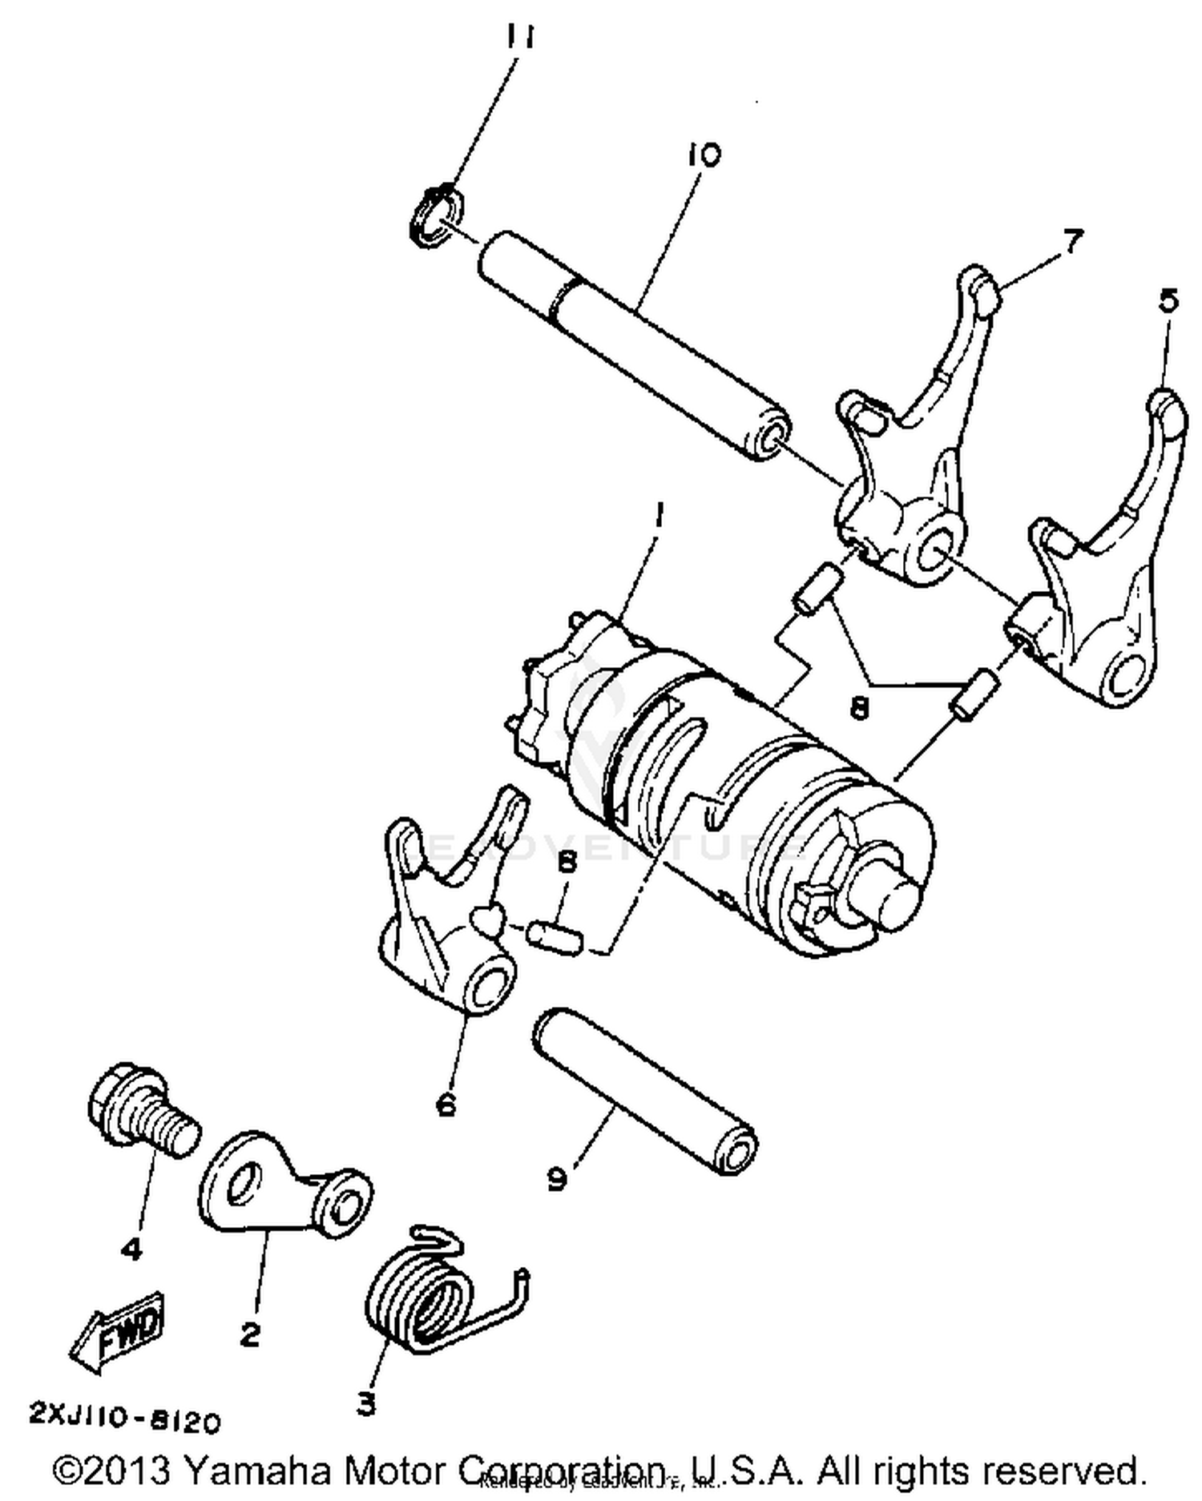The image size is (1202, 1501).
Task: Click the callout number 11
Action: click(x=521, y=37)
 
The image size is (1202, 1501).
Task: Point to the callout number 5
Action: click(x=1168, y=300)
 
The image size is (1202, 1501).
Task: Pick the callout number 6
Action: click(x=446, y=1105)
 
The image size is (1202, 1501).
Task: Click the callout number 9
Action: click(x=558, y=1178)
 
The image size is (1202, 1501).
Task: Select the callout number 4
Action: click(x=131, y=1247)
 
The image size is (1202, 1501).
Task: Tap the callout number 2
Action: click(x=250, y=1334)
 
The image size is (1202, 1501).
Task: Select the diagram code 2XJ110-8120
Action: click(x=124, y=1419)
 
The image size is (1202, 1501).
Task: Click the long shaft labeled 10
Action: click(x=633, y=344)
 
